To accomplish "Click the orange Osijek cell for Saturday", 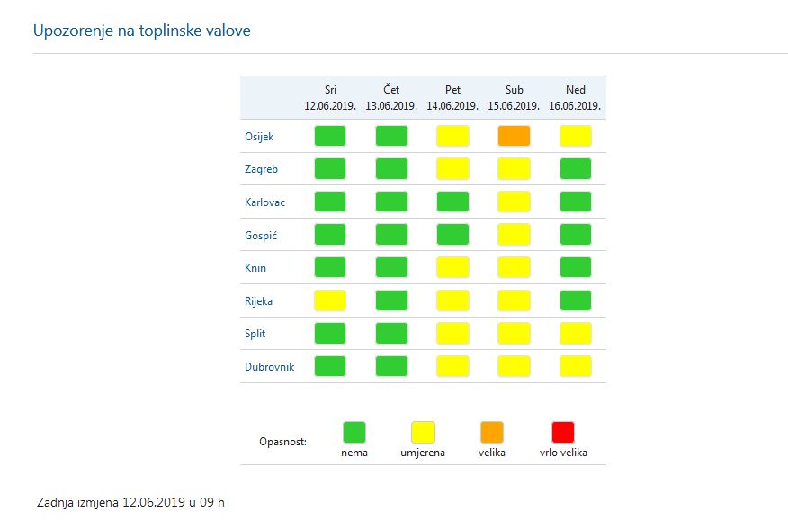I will (x=514, y=136).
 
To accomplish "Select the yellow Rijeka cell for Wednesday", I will (x=330, y=300).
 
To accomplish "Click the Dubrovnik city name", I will (x=269, y=367).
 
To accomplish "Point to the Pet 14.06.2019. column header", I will (x=452, y=97).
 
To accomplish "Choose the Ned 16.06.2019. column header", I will (x=575, y=97).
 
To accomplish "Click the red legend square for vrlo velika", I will (x=563, y=432).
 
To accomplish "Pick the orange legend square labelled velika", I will (x=492, y=432).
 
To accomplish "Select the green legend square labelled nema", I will (x=354, y=432).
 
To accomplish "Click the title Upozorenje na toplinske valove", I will (x=141, y=31).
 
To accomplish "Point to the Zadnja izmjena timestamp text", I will (x=130, y=501).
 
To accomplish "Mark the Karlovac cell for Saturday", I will (x=514, y=202).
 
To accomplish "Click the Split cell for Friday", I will (x=452, y=333).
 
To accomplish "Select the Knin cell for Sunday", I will (x=575, y=267).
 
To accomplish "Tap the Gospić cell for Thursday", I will (x=391, y=235).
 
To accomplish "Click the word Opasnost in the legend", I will (x=282, y=442).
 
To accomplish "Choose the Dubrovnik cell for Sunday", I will (x=575, y=366).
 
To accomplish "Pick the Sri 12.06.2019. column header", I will (x=330, y=97).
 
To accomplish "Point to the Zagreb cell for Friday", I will (x=452, y=168).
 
